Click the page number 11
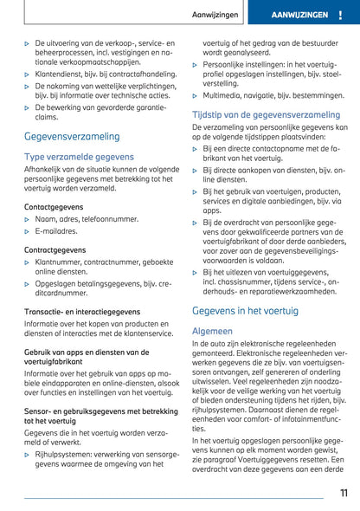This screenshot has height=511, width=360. click(x=343, y=494)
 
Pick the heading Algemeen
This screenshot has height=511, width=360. click(x=212, y=331)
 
